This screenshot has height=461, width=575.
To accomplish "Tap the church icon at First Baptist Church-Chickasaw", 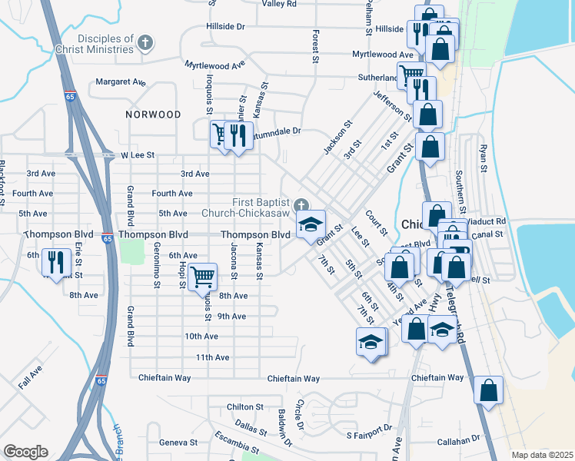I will coord(301,205).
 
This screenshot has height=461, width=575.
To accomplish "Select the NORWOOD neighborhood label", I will coord(154,114).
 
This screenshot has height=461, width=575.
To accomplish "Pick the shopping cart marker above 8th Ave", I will coord(202,276).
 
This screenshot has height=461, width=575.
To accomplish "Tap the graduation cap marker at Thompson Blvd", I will coord(311,224).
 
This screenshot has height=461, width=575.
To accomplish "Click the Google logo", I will coord(25,452).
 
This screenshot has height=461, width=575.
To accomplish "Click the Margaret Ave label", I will coord(121,81).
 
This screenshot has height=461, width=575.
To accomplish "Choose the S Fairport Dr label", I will coord(369,436).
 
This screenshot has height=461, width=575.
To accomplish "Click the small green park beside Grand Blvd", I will coord(132,250).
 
